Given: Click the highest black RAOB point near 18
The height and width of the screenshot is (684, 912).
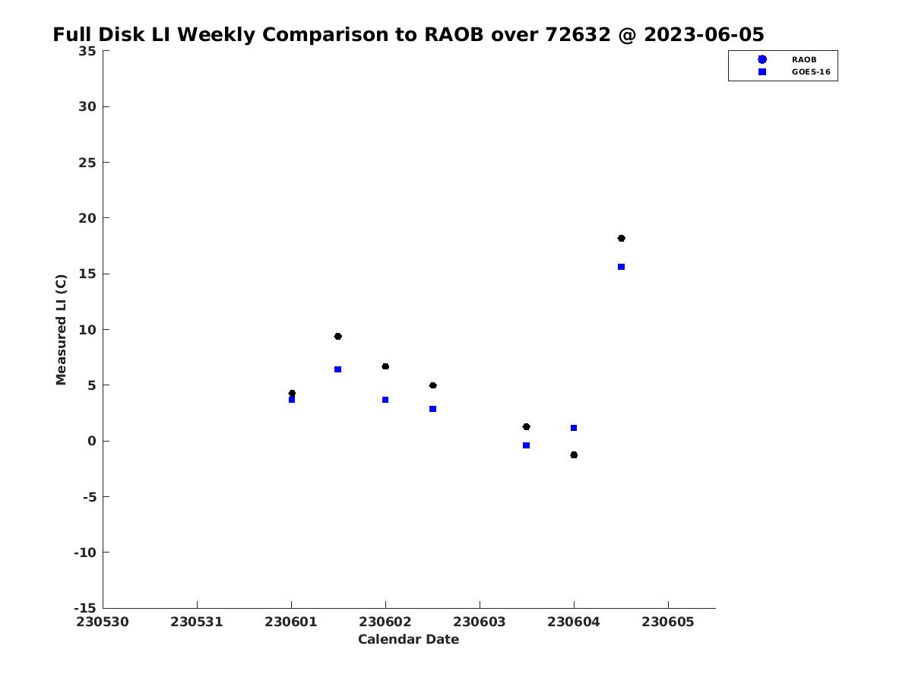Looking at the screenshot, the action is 621,239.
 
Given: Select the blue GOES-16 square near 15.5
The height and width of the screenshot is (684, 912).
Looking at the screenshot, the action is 621,267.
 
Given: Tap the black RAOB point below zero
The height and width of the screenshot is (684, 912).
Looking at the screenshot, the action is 574,455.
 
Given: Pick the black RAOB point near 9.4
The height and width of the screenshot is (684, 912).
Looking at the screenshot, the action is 337,337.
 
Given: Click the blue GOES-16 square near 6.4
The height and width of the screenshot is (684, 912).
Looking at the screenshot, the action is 337,369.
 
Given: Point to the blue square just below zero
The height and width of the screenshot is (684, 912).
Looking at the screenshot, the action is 526,445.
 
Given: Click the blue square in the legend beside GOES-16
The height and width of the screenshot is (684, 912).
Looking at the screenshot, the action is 762,72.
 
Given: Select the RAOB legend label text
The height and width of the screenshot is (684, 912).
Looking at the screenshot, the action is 804,60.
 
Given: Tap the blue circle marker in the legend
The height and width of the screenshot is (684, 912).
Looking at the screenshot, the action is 762,59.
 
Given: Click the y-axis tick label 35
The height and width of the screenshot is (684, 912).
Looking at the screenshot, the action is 87,51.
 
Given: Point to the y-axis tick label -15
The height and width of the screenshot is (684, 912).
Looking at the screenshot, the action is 85,609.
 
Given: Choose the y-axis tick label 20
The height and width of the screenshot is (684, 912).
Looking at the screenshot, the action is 87,218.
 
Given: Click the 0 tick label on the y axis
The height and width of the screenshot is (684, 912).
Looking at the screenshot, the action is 92,441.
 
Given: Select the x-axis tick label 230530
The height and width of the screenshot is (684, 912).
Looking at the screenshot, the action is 103,622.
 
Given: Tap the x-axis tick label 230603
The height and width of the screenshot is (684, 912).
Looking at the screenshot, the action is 480,622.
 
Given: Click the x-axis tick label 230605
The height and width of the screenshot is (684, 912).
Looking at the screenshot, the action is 668,622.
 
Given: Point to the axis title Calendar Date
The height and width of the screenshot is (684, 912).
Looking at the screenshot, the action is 408,640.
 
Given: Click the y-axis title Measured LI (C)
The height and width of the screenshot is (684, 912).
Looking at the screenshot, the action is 61,330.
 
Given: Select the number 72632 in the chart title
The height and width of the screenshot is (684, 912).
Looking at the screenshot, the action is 578,34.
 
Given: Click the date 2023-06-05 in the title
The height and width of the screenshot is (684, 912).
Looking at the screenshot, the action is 704,34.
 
